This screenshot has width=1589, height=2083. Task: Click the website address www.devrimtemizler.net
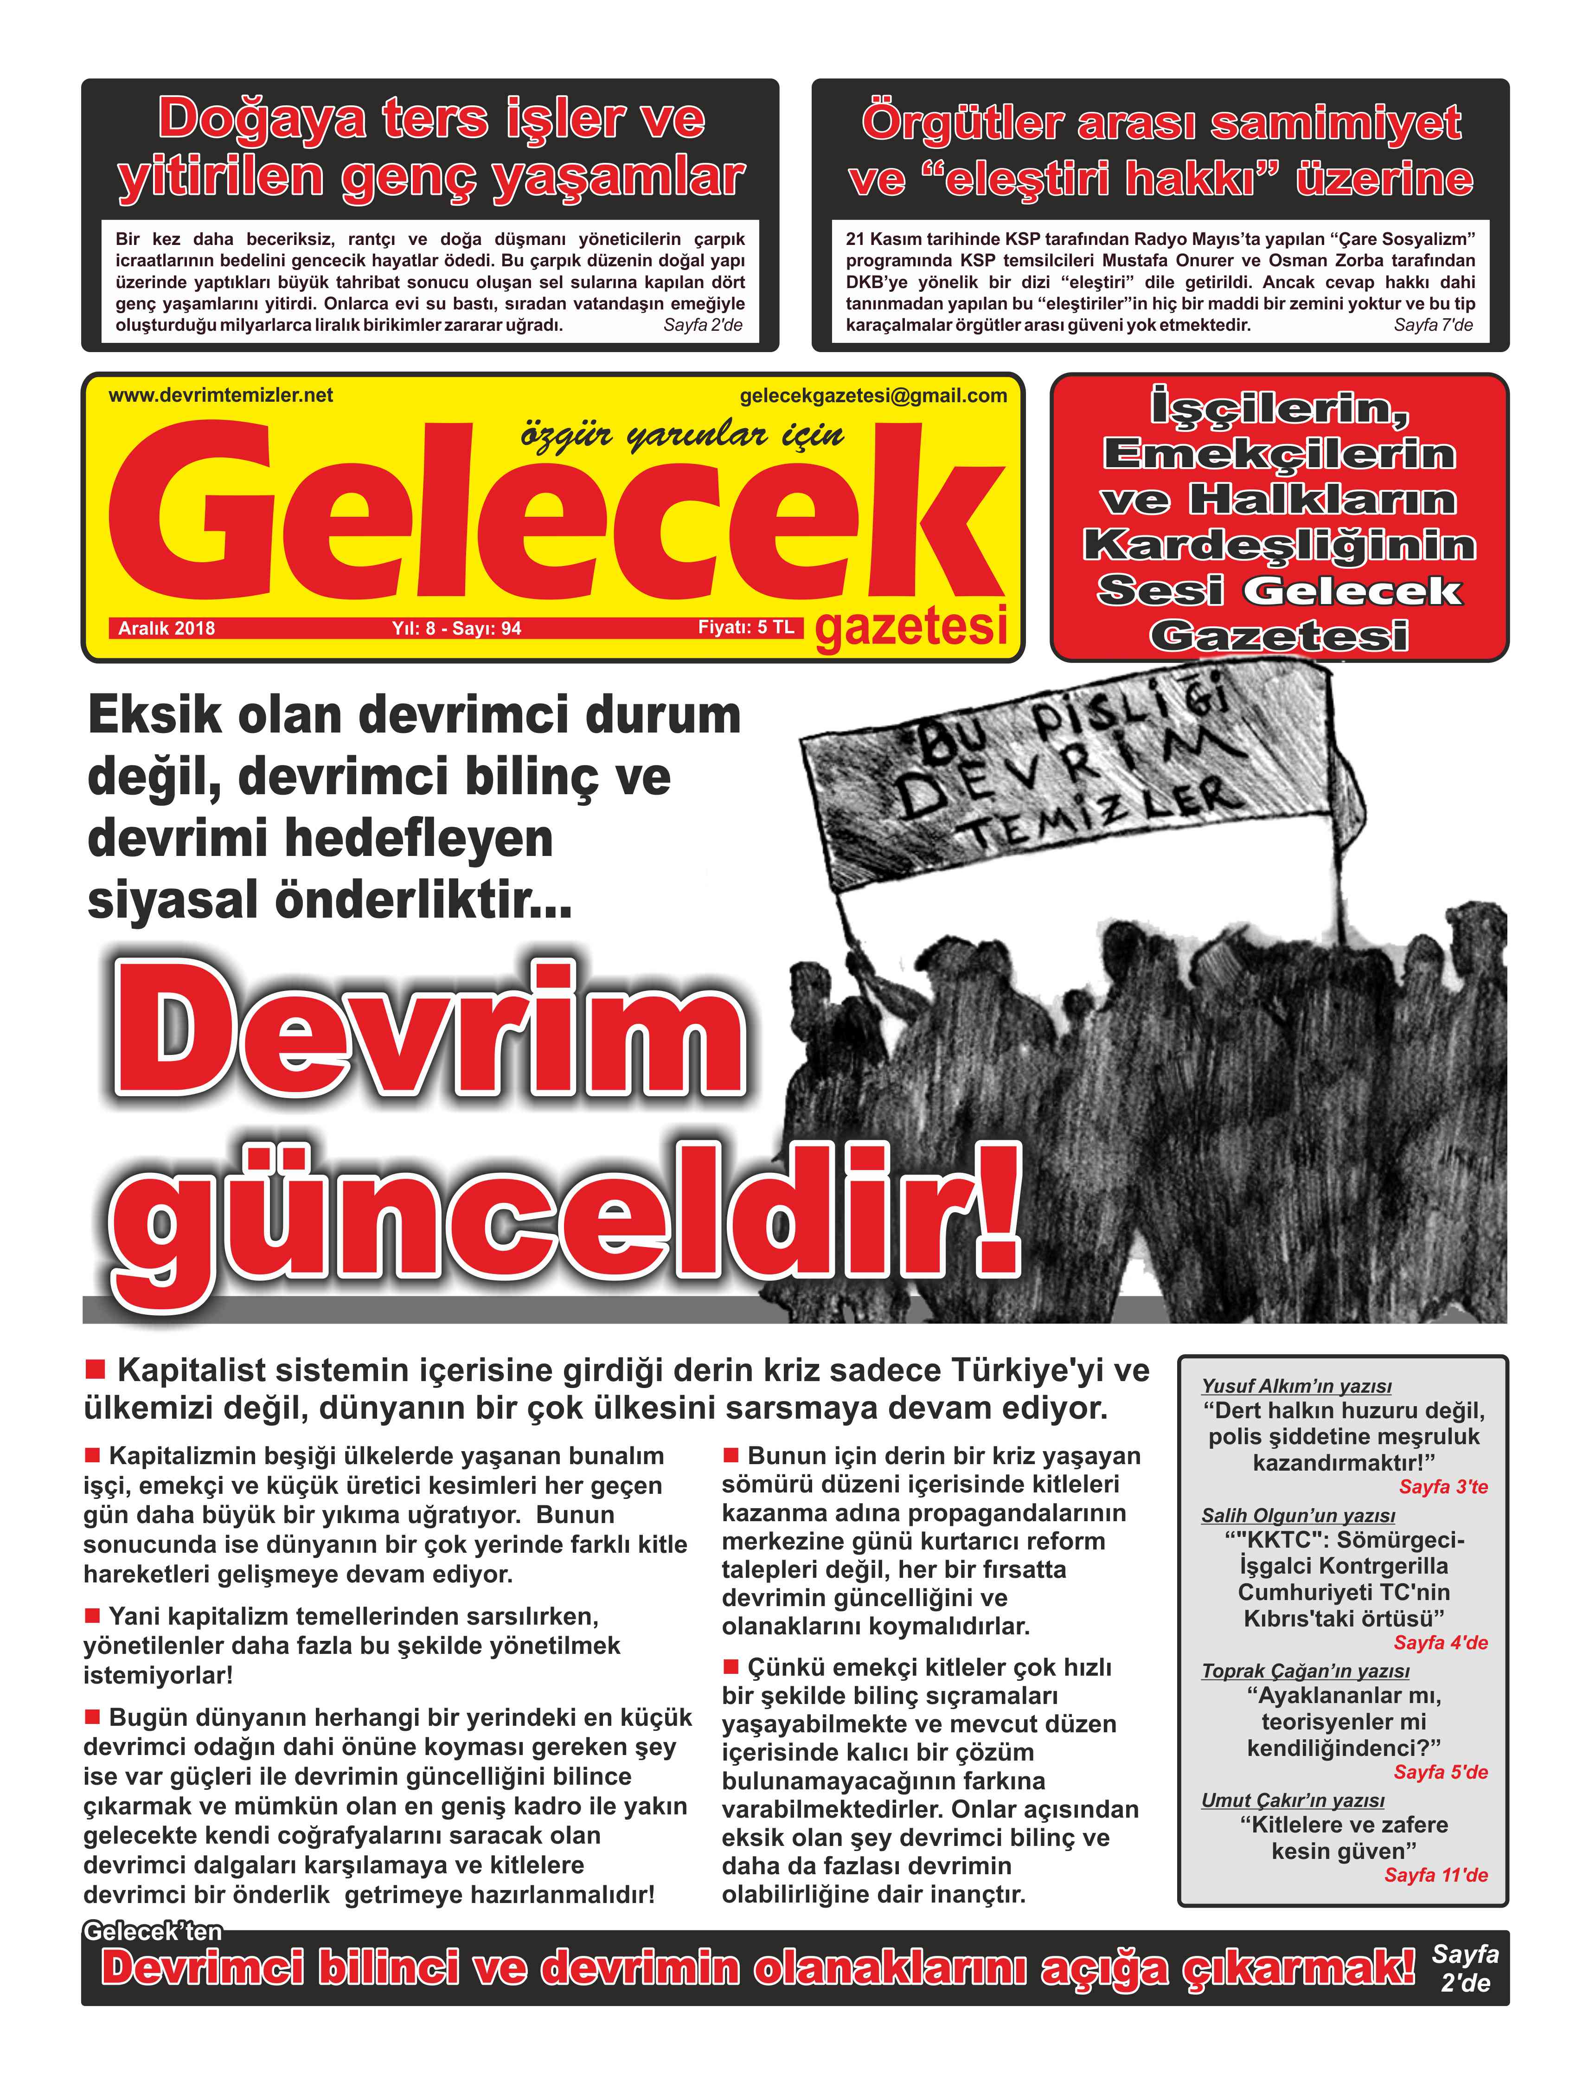click(x=220, y=395)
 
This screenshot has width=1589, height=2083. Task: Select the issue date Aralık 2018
click(x=167, y=628)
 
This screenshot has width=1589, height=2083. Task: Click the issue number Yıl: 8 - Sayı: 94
click(x=457, y=628)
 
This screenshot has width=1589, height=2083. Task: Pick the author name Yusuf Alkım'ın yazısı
click(x=1296, y=1386)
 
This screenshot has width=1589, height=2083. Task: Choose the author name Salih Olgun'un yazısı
click(x=1298, y=1516)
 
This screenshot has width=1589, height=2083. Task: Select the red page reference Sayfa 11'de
click(x=1436, y=1875)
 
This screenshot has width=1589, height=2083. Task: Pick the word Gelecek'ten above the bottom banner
click(x=153, y=1932)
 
